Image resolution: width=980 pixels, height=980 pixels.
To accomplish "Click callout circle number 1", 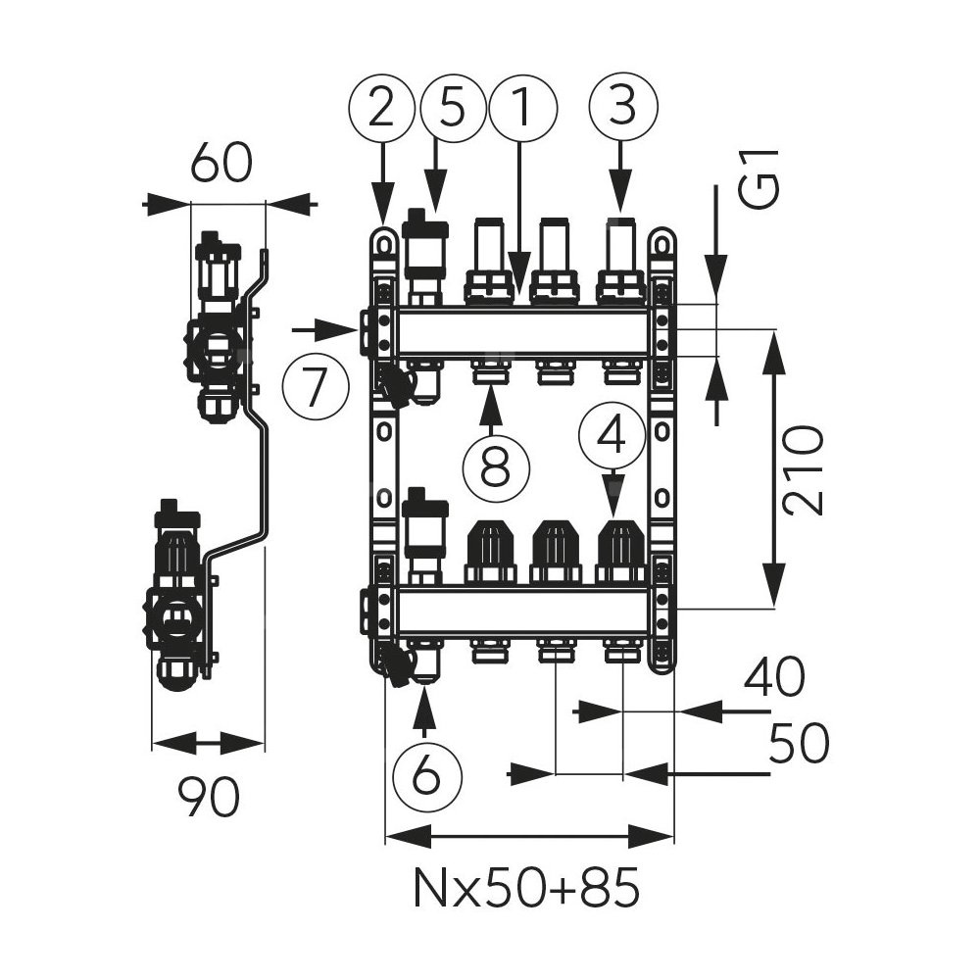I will point(522,109).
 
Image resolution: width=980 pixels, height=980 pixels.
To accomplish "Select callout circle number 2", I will point(382,109).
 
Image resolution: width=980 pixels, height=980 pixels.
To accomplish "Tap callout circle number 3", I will point(620,109).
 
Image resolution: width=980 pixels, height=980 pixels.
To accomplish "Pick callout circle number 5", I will point(453,109).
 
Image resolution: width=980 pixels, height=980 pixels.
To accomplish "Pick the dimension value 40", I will point(773,677).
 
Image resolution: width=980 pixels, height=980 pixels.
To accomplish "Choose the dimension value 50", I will point(799,744).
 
